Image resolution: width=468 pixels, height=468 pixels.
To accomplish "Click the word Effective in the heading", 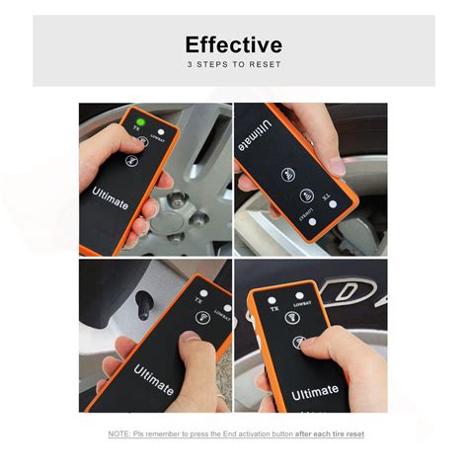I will pos(233,44).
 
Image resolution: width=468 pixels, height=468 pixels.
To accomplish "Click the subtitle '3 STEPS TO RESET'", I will pos(234,65).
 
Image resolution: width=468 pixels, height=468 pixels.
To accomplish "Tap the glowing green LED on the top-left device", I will pos(139,122).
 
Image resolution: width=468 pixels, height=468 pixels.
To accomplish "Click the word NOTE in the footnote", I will pos(118,434).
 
